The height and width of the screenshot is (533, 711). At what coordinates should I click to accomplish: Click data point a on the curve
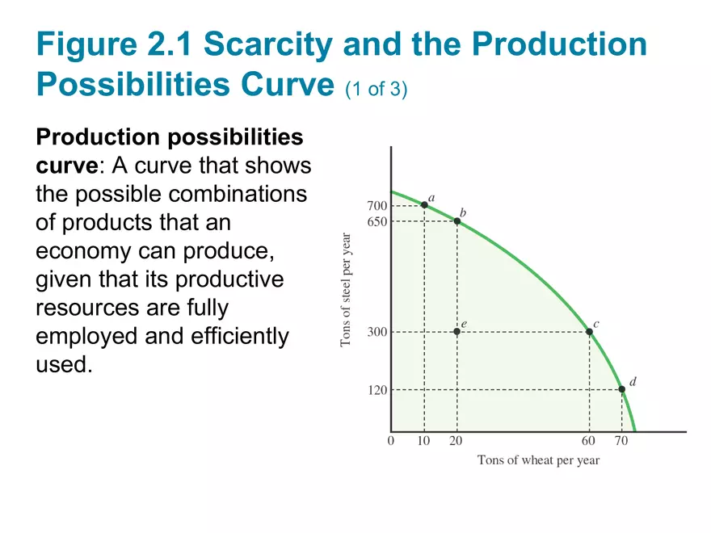424,205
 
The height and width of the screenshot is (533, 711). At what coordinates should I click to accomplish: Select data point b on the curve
457,220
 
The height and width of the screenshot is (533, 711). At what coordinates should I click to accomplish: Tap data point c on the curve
589,332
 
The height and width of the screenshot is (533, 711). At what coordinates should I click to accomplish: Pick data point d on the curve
621,389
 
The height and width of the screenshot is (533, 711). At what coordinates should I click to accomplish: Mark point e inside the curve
457,332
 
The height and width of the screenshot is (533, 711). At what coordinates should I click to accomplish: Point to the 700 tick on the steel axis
377,206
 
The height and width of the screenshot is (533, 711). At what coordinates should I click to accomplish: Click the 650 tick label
377,221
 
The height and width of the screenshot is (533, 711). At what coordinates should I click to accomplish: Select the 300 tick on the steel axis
377,332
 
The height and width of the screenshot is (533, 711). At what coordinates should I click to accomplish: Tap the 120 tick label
377,390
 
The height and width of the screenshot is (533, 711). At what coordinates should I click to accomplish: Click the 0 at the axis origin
391,441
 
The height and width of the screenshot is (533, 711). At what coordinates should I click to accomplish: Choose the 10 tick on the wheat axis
424,441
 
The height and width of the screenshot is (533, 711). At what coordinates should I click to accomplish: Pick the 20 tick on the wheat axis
457,441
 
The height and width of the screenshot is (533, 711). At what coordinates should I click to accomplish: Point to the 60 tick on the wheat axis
589,441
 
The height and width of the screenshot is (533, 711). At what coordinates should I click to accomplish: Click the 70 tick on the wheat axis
621,441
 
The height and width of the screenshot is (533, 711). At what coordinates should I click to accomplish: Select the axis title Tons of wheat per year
538,461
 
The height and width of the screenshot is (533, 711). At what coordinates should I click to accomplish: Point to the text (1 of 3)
376,88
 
